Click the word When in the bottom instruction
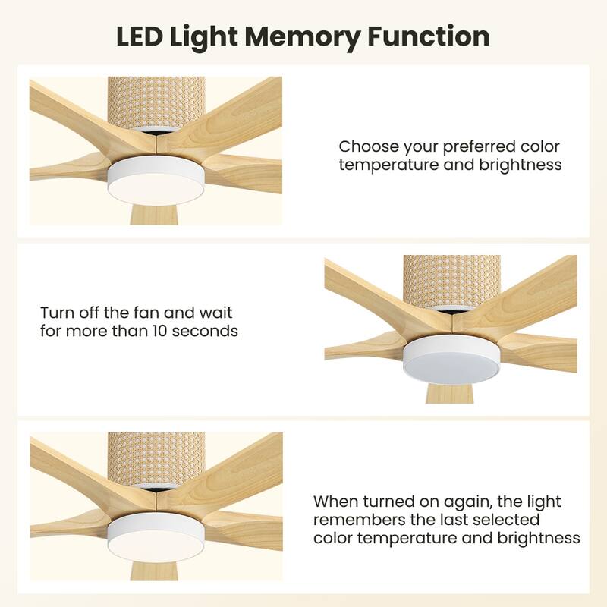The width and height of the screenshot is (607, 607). coord(335,502)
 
